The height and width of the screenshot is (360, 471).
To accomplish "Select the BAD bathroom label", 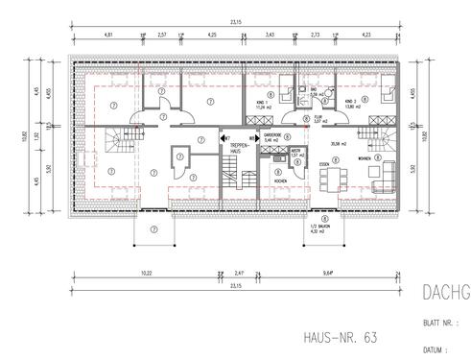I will point(313,93).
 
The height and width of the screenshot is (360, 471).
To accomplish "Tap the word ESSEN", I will point(325,165).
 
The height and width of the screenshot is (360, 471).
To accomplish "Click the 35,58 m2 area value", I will point(337,144).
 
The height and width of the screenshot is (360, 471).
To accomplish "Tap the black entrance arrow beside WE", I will point(224,138).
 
